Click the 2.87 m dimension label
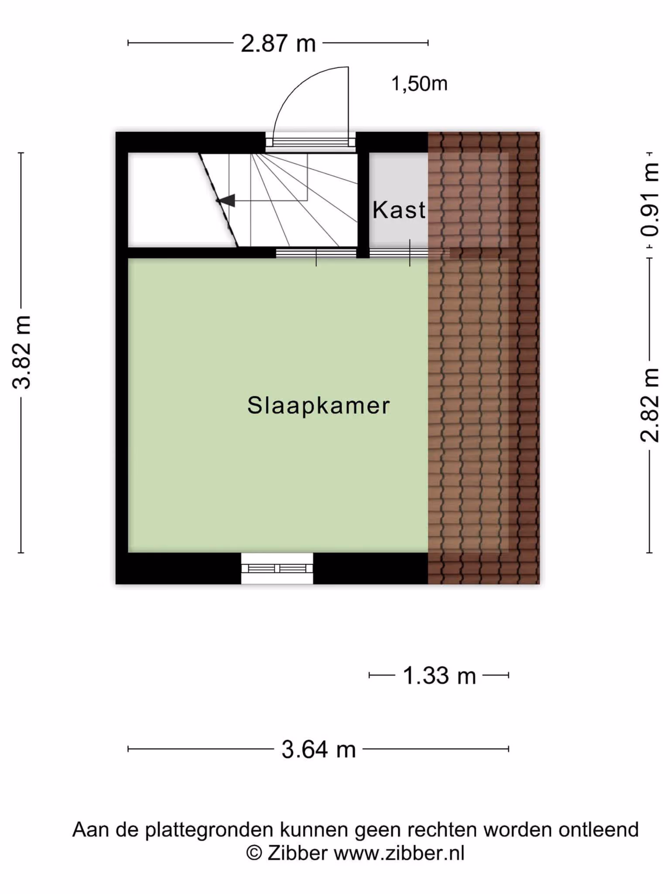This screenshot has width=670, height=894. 278,44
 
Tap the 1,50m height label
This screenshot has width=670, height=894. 419,83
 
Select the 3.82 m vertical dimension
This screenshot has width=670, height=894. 21,352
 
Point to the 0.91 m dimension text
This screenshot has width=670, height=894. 650,199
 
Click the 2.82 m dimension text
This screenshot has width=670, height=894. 650,405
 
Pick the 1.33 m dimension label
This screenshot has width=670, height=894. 439,676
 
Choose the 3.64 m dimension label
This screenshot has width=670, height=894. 318,750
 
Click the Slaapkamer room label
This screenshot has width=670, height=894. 318,406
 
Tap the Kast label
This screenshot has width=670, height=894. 399,210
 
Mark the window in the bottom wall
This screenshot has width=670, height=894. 277,568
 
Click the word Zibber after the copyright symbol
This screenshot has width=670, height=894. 297,853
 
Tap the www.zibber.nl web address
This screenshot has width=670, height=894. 399,853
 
